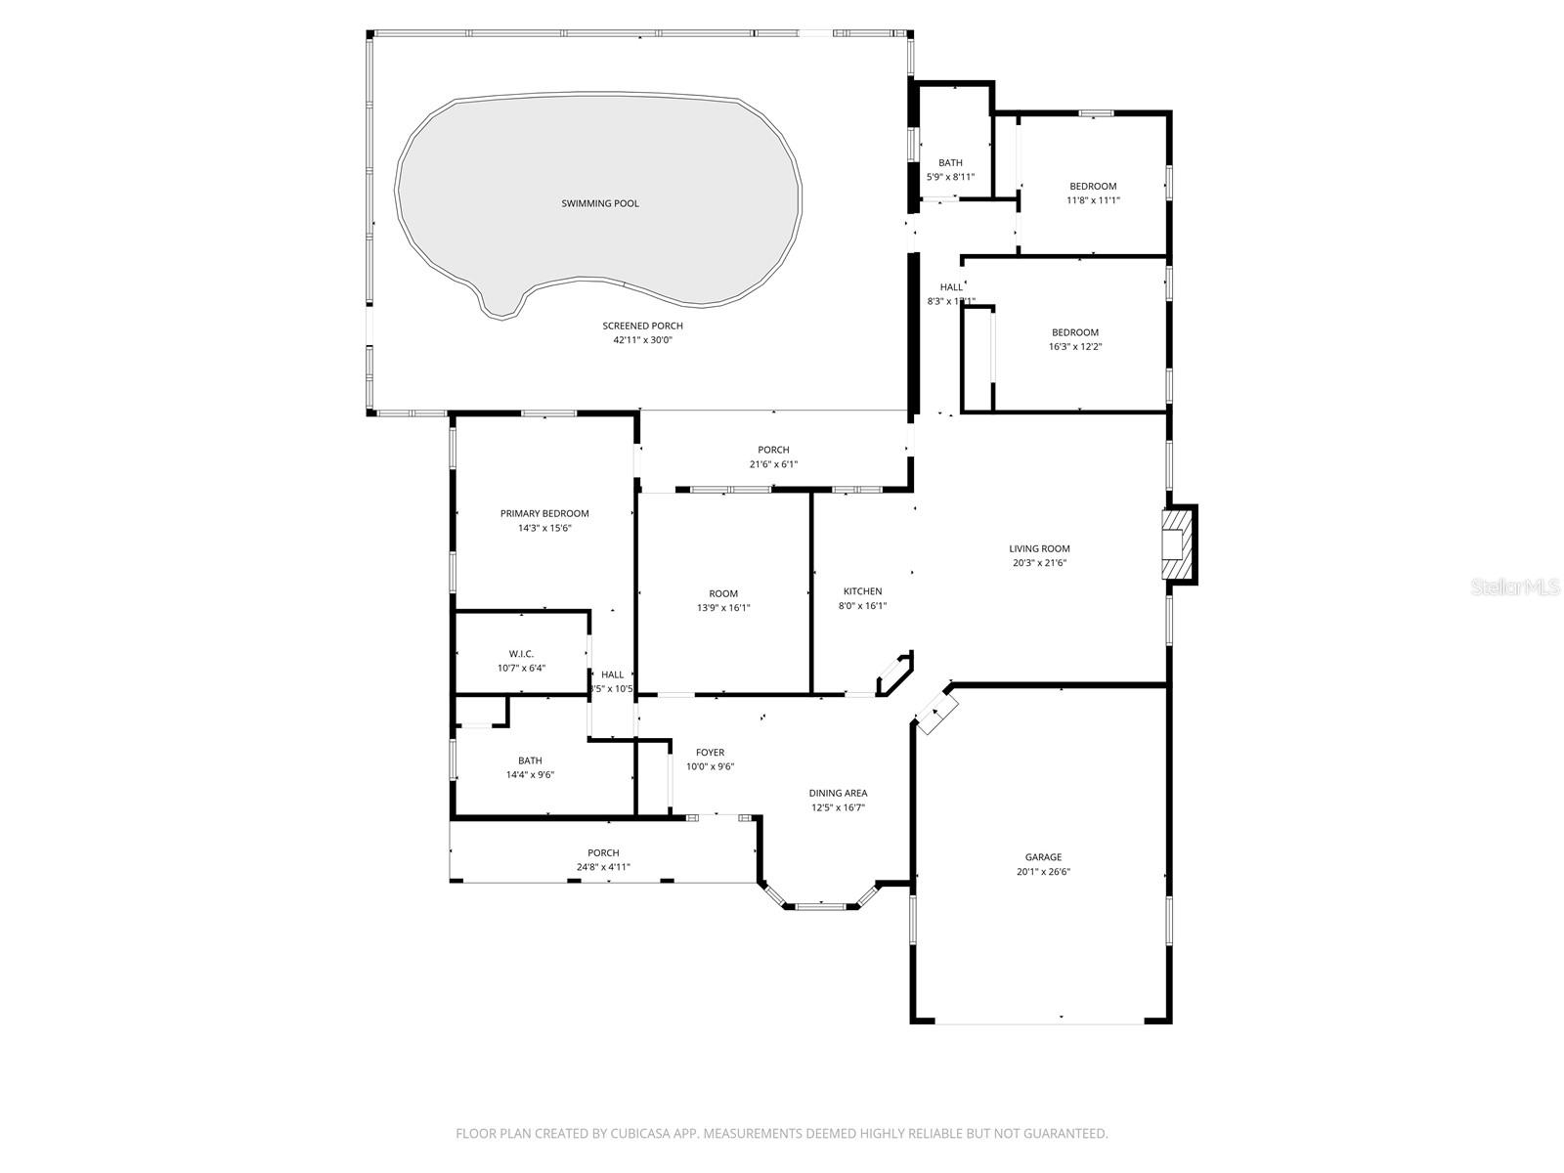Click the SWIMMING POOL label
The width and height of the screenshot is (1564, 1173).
(600, 203)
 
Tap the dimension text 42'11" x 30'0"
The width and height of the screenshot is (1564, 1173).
(642, 340)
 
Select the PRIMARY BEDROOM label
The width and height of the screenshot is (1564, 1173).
(544, 513)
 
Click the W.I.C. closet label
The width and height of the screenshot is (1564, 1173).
(521, 654)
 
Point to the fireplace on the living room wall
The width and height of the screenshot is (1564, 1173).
(1177, 545)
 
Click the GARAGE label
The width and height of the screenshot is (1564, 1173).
(1043, 857)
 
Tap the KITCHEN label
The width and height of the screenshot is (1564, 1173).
(862, 591)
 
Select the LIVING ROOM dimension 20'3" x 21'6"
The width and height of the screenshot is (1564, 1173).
(1040, 563)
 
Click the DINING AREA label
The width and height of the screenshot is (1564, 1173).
(838, 793)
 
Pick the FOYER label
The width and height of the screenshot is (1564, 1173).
(710, 752)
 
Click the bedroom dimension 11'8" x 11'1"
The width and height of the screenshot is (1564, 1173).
(1093, 200)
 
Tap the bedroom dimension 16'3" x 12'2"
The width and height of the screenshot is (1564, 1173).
(1075, 347)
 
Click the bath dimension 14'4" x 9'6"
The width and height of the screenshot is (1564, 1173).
(530, 775)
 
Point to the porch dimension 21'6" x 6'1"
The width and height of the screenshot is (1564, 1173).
(773, 464)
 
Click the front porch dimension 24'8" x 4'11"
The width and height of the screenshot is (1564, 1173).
(603, 867)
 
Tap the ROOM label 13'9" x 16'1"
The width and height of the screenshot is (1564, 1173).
(723, 593)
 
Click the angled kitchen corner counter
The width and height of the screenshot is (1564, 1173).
(894, 675)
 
